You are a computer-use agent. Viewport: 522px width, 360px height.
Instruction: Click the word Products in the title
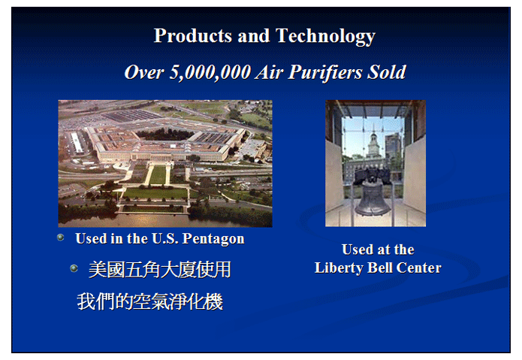click(x=193, y=35)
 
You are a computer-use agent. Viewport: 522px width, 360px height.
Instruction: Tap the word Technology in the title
click(x=325, y=36)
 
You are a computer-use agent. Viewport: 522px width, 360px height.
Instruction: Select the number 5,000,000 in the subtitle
click(x=210, y=72)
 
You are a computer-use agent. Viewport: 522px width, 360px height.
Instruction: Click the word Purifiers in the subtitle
click(x=325, y=72)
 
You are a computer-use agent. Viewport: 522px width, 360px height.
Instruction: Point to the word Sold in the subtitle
click(x=387, y=71)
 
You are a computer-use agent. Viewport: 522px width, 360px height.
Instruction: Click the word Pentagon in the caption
click(x=213, y=239)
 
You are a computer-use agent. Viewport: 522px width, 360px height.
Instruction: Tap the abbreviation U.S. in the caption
click(x=164, y=238)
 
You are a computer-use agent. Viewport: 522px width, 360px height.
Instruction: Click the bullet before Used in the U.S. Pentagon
click(x=61, y=237)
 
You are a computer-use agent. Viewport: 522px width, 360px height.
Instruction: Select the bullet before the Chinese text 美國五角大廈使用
click(x=74, y=268)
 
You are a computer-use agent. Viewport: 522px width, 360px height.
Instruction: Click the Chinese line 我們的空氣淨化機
click(x=149, y=301)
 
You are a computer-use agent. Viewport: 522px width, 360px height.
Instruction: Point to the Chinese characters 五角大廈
click(x=159, y=270)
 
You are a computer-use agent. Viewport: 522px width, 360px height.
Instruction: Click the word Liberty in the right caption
click(x=339, y=268)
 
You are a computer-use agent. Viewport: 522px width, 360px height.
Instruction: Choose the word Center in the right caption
click(x=419, y=268)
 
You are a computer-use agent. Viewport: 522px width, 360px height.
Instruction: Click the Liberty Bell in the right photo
click(x=373, y=196)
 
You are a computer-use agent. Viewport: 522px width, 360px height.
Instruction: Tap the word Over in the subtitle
click(x=144, y=72)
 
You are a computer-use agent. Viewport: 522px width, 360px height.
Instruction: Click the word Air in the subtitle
click(x=270, y=72)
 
